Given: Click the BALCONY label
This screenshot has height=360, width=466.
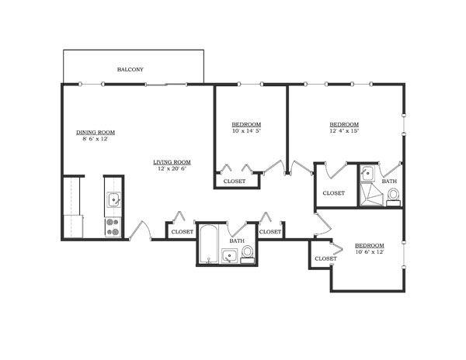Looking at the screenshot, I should (130, 70).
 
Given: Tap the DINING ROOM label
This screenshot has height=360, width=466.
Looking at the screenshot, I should (96, 132).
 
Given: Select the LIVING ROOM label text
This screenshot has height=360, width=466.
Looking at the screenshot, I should (172, 162).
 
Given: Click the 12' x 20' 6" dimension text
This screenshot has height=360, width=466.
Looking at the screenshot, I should (172, 169).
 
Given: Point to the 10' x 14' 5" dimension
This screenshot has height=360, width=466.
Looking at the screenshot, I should (246, 131).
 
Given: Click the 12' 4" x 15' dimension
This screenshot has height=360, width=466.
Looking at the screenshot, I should (344, 131).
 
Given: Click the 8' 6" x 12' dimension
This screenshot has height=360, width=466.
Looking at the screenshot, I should (95, 139).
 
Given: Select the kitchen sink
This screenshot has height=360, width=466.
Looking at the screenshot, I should (113, 199).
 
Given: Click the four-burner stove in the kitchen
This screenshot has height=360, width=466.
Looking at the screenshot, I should (113, 227).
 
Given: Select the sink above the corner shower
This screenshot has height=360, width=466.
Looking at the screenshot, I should (367, 174).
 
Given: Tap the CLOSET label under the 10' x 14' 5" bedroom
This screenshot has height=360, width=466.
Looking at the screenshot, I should (234, 182).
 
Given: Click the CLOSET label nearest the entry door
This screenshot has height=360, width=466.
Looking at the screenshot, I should (182, 231).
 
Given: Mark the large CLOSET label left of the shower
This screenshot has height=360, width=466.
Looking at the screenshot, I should (333, 193).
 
